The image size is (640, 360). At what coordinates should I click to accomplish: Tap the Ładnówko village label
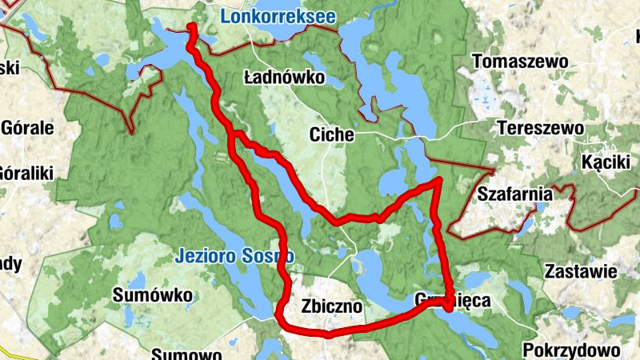pos(283,78)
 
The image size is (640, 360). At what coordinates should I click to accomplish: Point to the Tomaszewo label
pos(520,62)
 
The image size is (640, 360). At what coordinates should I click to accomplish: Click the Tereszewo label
pos(531,127)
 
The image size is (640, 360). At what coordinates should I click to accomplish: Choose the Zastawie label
pos(580,271)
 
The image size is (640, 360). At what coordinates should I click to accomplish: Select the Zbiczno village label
pos(333,306)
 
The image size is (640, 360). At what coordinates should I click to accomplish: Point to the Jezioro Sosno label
pos(234,256)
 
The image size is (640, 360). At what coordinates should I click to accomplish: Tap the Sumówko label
pos(153,296)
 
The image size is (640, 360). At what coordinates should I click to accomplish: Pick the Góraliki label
pos(26,172)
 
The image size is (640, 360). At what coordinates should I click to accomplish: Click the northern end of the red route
pos(193,29)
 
